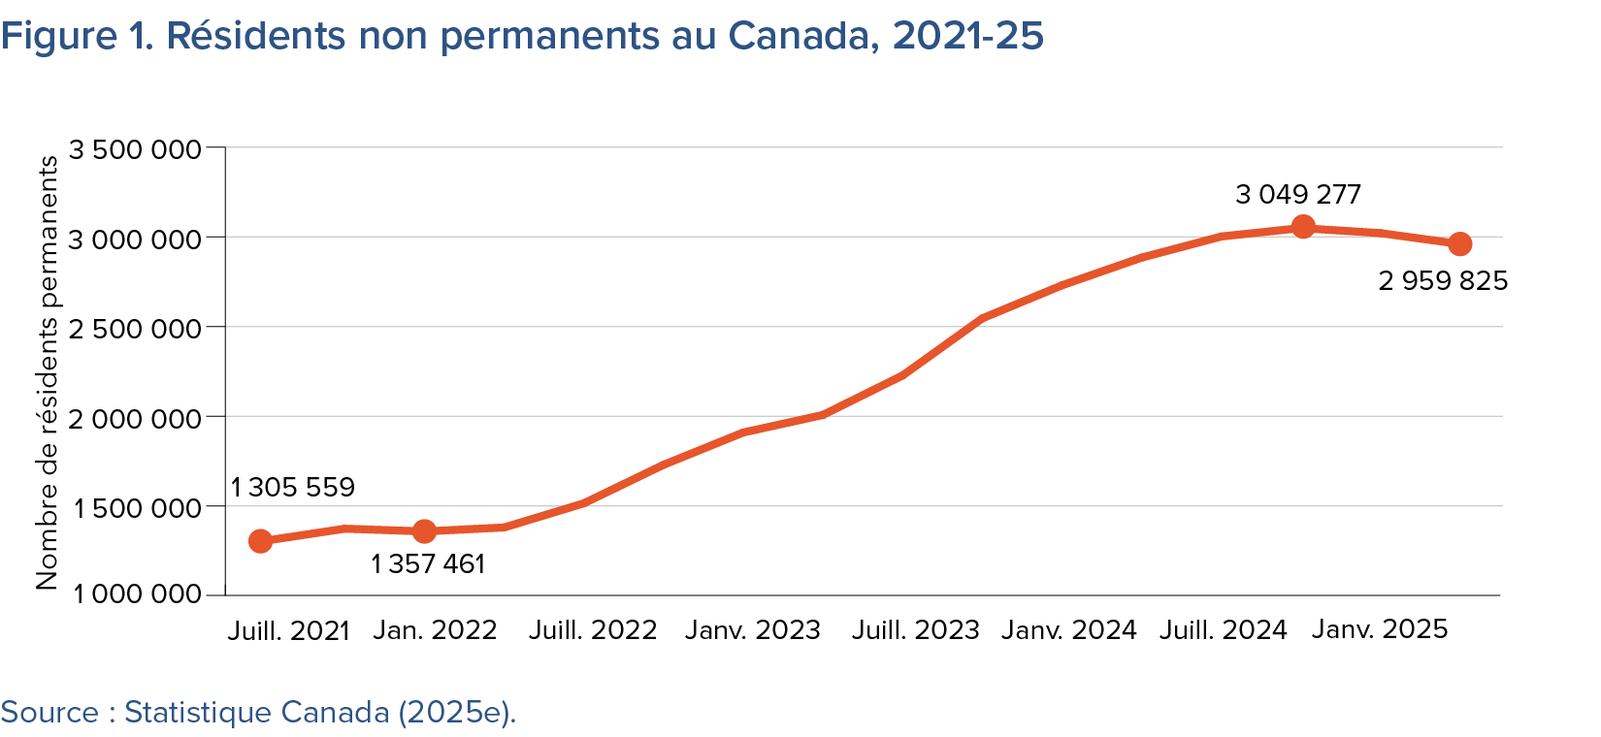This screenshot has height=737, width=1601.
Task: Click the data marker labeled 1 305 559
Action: coord(260,541)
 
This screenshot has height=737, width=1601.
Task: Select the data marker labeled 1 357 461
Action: coord(424,531)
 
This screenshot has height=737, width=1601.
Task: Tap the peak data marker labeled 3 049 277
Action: coord(1303,227)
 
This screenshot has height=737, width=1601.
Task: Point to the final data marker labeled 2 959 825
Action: coord(1460,244)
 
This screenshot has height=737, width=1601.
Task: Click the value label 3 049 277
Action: coord(1298,195)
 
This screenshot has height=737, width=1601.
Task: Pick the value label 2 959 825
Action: coord(1443,281)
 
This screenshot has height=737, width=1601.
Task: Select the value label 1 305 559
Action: coord(292,487)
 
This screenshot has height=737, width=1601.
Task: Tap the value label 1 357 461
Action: coord(427,564)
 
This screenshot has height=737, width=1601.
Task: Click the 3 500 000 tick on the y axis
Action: coord(135,149)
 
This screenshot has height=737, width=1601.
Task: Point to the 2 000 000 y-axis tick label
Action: coord(135,418)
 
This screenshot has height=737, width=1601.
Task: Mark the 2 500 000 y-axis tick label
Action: coord(135,329)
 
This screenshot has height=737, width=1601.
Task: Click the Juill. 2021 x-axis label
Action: coord(288,630)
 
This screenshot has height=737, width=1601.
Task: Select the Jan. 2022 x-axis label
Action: coord(435,630)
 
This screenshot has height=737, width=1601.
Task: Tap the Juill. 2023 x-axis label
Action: coord(915,630)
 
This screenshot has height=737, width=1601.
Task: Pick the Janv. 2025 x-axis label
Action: coord(1379,629)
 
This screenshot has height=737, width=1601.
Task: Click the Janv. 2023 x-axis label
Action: coord(753,630)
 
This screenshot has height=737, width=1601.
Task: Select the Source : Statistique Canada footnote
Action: coord(258,713)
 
